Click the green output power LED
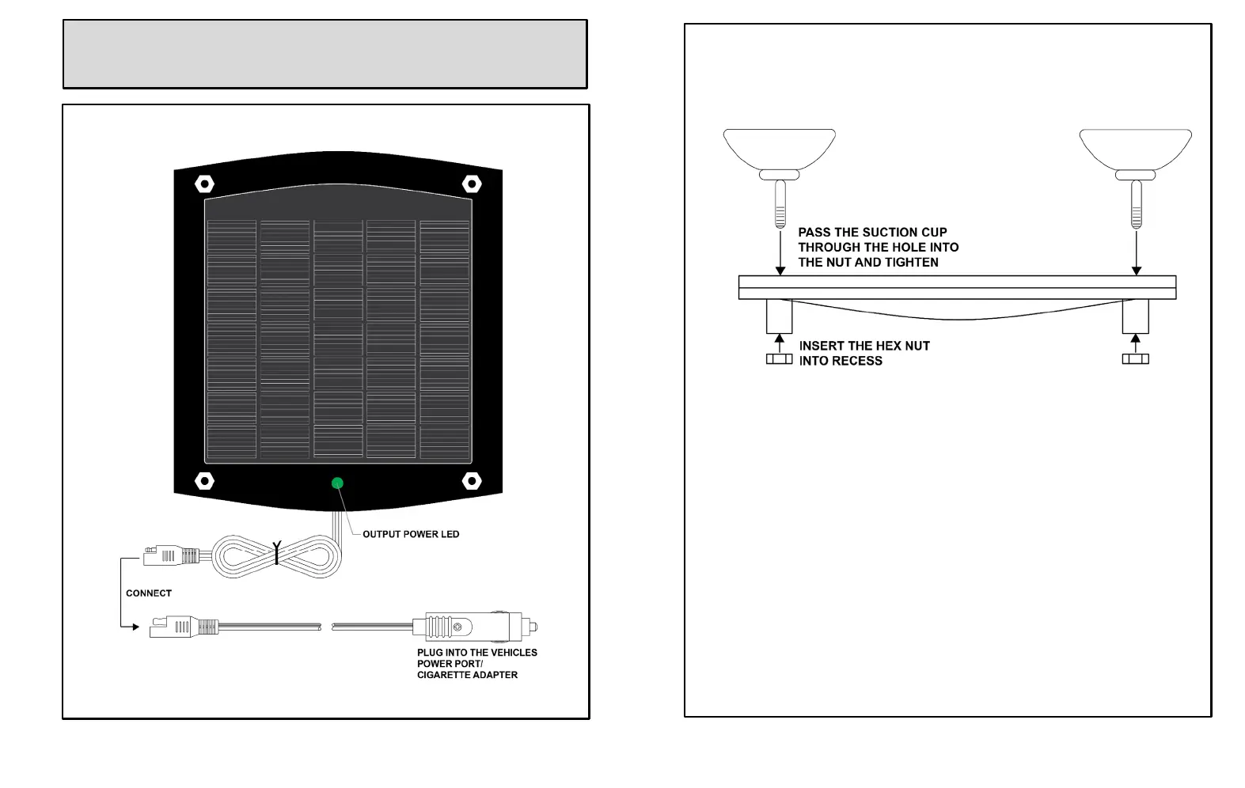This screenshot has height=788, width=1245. [x=337, y=483]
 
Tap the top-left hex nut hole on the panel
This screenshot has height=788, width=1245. [x=204, y=184]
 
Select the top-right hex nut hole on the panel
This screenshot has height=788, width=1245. [x=472, y=184]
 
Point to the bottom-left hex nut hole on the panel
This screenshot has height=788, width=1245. [x=204, y=480]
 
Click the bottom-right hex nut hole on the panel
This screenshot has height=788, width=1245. [x=472, y=480]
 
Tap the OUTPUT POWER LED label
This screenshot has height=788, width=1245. [x=411, y=534]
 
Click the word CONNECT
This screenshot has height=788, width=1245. [x=149, y=593]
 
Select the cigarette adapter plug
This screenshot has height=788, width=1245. [x=475, y=627]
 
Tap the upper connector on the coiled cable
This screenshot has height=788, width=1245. [x=170, y=555]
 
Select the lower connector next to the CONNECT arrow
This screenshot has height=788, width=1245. [x=184, y=627]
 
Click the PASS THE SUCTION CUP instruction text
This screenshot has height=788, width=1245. [x=878, y=247]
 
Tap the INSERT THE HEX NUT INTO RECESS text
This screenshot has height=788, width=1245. [x=864, y=353]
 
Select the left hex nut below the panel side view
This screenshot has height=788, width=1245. [x=780, y=359]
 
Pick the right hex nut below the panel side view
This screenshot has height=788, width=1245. [x=1136, y=359]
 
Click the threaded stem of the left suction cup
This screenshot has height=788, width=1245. [x=780, y=204]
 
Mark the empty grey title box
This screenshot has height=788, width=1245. [x=325, y=54]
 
